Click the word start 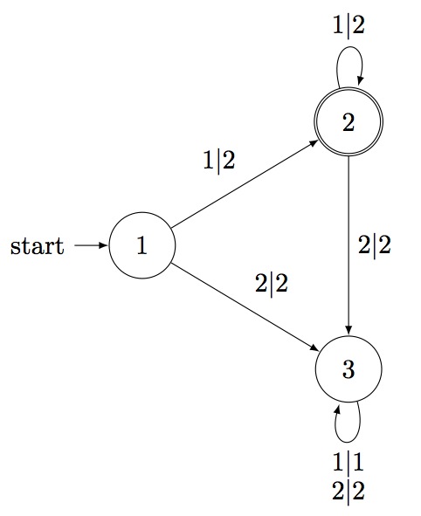click(x=38, y=246)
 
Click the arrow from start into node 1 click(x=91, y=245)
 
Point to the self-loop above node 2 click(x=349, y=47)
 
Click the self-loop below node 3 click(x=348, y=442)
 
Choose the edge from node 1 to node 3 click(x=245, y=306)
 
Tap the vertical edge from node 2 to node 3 click(x=349, y=246)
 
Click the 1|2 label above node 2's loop click(x=349, y=24)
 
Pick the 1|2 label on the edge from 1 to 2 click(x=219, y=161)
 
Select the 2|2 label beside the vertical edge click(x=374, y=245)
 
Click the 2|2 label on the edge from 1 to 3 click(x=272, y=284)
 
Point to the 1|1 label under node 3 click(x=349, y=462)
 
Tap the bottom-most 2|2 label click(x=349, y=492)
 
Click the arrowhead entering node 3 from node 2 click(x=349, y=330)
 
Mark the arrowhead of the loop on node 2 click(x=360, y=79)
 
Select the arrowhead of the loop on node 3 click(x=337, y=410)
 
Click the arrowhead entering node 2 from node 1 click(x=313, y=143)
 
